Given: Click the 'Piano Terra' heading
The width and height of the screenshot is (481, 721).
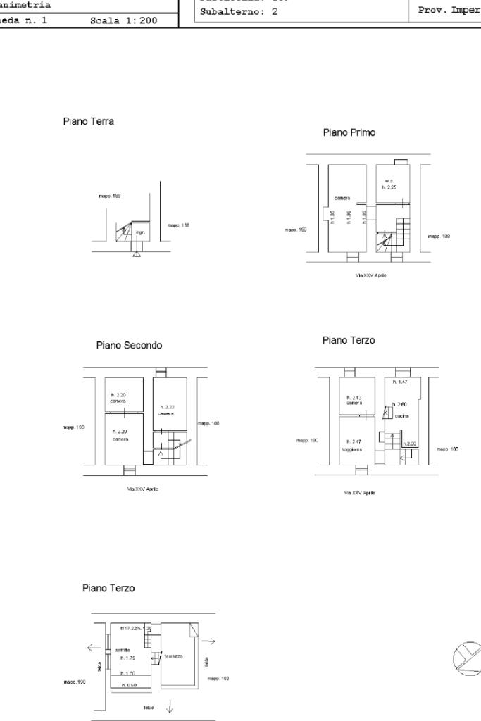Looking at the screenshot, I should pos(89,122).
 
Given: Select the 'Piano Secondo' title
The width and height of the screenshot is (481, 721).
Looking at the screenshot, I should pos(129,346).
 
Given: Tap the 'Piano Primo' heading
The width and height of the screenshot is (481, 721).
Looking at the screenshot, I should pos(349,132).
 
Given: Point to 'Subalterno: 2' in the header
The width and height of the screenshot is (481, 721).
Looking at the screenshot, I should pos(239,12).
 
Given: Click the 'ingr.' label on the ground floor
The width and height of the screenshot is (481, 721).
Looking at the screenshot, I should pos(140,232).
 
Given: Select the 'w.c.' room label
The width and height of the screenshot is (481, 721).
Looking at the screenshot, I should pos(388,181).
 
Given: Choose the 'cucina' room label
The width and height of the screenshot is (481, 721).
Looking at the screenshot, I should pos(402,416).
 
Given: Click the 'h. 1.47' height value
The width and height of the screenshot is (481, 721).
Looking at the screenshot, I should pos(401,382).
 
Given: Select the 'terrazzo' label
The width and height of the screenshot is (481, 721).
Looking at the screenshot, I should pos(173,656).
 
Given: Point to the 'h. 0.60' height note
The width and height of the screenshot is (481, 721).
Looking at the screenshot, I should pos(129,684).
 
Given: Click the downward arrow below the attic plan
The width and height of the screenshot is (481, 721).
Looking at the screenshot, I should pos(169,708).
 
